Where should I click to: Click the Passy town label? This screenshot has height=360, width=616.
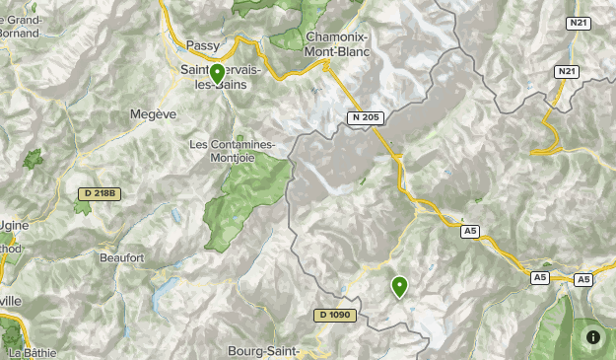click(203, 45)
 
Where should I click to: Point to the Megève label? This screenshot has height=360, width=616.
click(153, 114)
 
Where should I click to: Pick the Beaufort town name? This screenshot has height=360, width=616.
click(122, 257)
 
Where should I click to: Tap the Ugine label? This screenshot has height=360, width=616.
click(15, 225)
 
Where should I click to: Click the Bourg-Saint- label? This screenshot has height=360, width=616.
click(263, 350)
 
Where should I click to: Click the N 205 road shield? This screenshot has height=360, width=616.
click(364, 118)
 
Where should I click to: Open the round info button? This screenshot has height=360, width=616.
click(593, 337)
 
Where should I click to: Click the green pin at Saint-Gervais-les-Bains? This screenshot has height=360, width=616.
click(217, 73)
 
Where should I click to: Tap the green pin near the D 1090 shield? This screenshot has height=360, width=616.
click(399, 286)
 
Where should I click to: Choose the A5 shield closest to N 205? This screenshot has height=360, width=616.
click(470, 231)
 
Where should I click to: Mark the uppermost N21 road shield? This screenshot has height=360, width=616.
click(578, 22)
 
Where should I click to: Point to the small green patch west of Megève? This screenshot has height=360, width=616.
click(34, 158)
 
